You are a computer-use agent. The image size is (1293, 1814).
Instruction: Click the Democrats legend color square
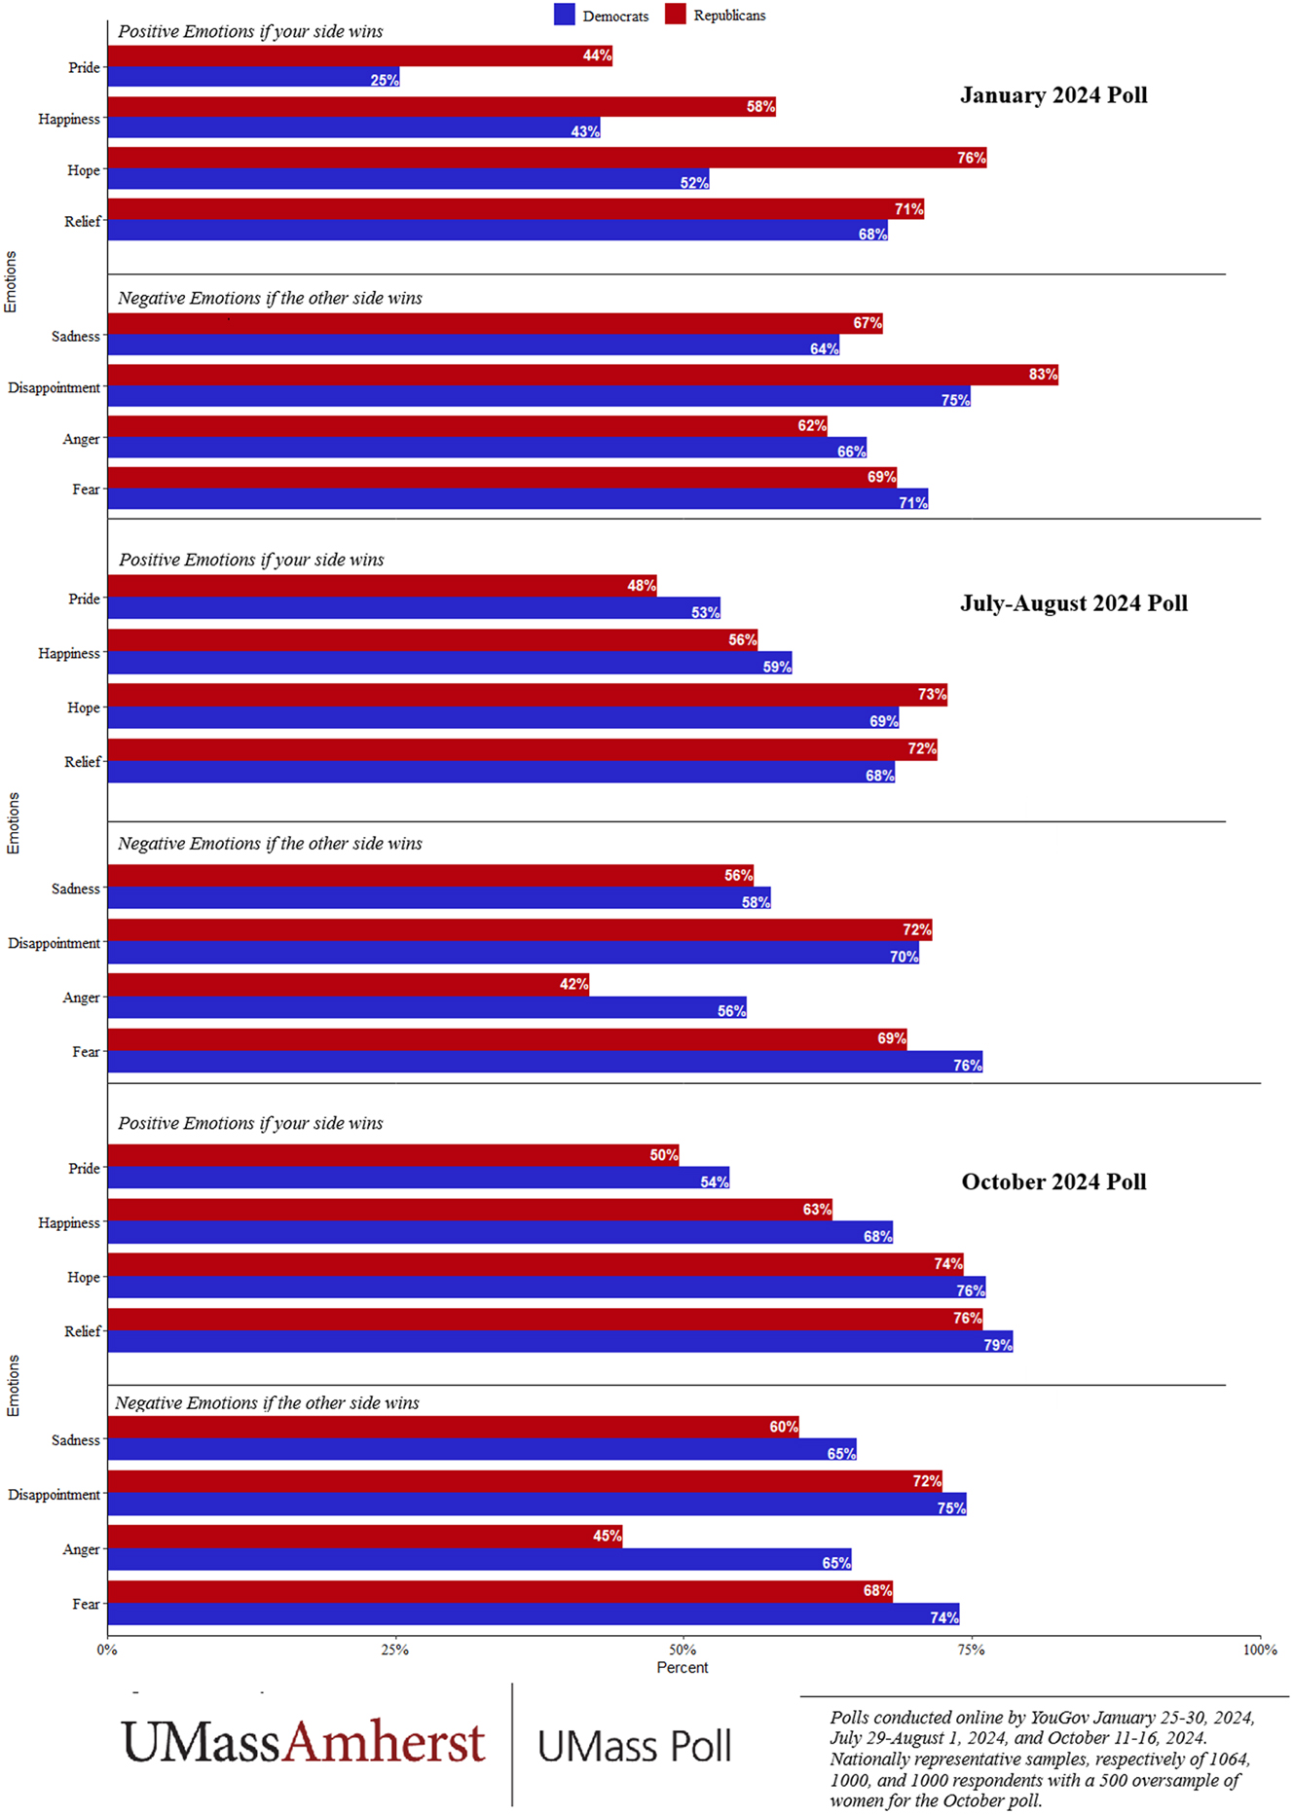(x=564, y=15)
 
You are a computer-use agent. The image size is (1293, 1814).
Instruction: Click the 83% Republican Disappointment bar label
(x=1042, y=375)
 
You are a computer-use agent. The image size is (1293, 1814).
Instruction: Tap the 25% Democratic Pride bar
(x=253, y=78)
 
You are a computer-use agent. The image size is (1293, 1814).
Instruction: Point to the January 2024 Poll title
(x=1053, y=95)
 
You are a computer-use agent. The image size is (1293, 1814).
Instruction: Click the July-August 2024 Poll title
(x=1073, y=603)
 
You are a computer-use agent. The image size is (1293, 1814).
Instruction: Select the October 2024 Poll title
(x=1053, y=1181)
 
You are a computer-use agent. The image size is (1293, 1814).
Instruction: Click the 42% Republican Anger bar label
(x=573, y=985)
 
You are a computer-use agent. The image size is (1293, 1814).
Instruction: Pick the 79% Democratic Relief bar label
(x=997, y=1345)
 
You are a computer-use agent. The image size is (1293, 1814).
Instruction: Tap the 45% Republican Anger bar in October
(x=364, y=1536)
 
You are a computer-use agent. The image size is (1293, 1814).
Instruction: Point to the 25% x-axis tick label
(x=395, y=1650)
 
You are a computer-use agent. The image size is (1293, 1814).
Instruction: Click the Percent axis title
(x=682, y=1668)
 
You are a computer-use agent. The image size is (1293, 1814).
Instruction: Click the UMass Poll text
(x=634, y=1747)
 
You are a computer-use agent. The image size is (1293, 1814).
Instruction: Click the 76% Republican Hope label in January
(x=971, y=158)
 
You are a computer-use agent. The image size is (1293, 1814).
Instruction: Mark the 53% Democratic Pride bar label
(x=705, y=612)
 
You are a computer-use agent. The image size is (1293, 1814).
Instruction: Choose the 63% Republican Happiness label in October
(x=816, y=1210)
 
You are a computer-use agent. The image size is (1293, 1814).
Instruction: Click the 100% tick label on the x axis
(x=1259, y=1650)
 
